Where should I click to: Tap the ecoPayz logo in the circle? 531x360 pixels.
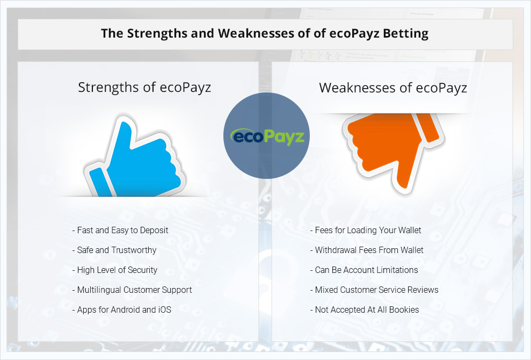click(x=267, y=136)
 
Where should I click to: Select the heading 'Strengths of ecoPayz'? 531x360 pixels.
click(x=144, y=88)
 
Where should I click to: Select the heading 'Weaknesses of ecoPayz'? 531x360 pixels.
click(x=393, y=88)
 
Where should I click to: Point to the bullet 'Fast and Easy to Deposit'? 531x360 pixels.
click(x=120, y=231)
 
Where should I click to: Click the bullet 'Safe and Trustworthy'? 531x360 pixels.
click(x=114, y=250)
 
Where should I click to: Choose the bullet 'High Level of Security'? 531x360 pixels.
click(x=115, y=270)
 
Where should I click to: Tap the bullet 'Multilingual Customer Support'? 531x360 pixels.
click(x=132, y=290)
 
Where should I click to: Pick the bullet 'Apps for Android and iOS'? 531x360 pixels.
click(x=121, y=310)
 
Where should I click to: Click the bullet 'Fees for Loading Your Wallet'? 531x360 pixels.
click(x=366, y=231)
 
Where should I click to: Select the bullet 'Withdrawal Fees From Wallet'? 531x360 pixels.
click(x=367, y=250)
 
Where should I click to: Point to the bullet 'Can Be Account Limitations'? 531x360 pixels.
click(x=364, y=270)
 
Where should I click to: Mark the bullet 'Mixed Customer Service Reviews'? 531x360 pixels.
click(x=374, y=290)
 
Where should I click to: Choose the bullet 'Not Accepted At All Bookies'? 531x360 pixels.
click(x=365, y=310)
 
